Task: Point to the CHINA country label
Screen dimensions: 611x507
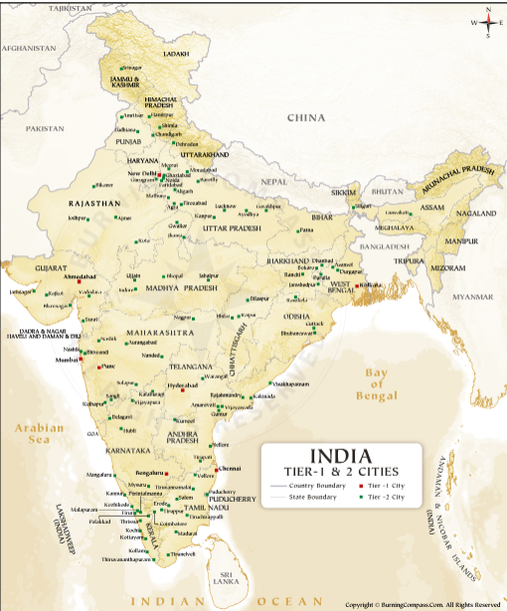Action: (x=306, y=118)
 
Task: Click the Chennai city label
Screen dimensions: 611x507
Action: (x=230, y=467)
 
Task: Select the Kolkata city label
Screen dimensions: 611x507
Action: (x=373, y=284)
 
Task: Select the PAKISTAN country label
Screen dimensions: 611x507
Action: (x=45, y=129)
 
